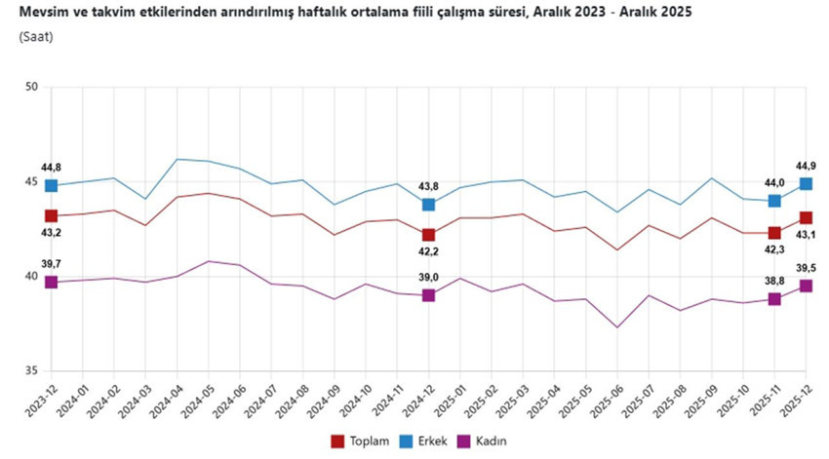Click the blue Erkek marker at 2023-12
click(x=51, y=185)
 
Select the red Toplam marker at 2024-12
click(x=428, y=235)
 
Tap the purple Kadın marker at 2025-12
click(x=806, y=286)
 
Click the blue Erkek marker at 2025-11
click(x=774, y=201)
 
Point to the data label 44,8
click(x=51, y=168)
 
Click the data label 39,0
click(x=428, y=278)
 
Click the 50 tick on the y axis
click(x=31, y=88)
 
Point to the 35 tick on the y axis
click(x=31, y=371)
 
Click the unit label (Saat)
click(x=35, y=36)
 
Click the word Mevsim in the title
click(x=40, y=12)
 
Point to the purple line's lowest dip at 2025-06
click(x=616, y=327)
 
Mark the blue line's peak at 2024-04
click(x=177, y=159)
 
